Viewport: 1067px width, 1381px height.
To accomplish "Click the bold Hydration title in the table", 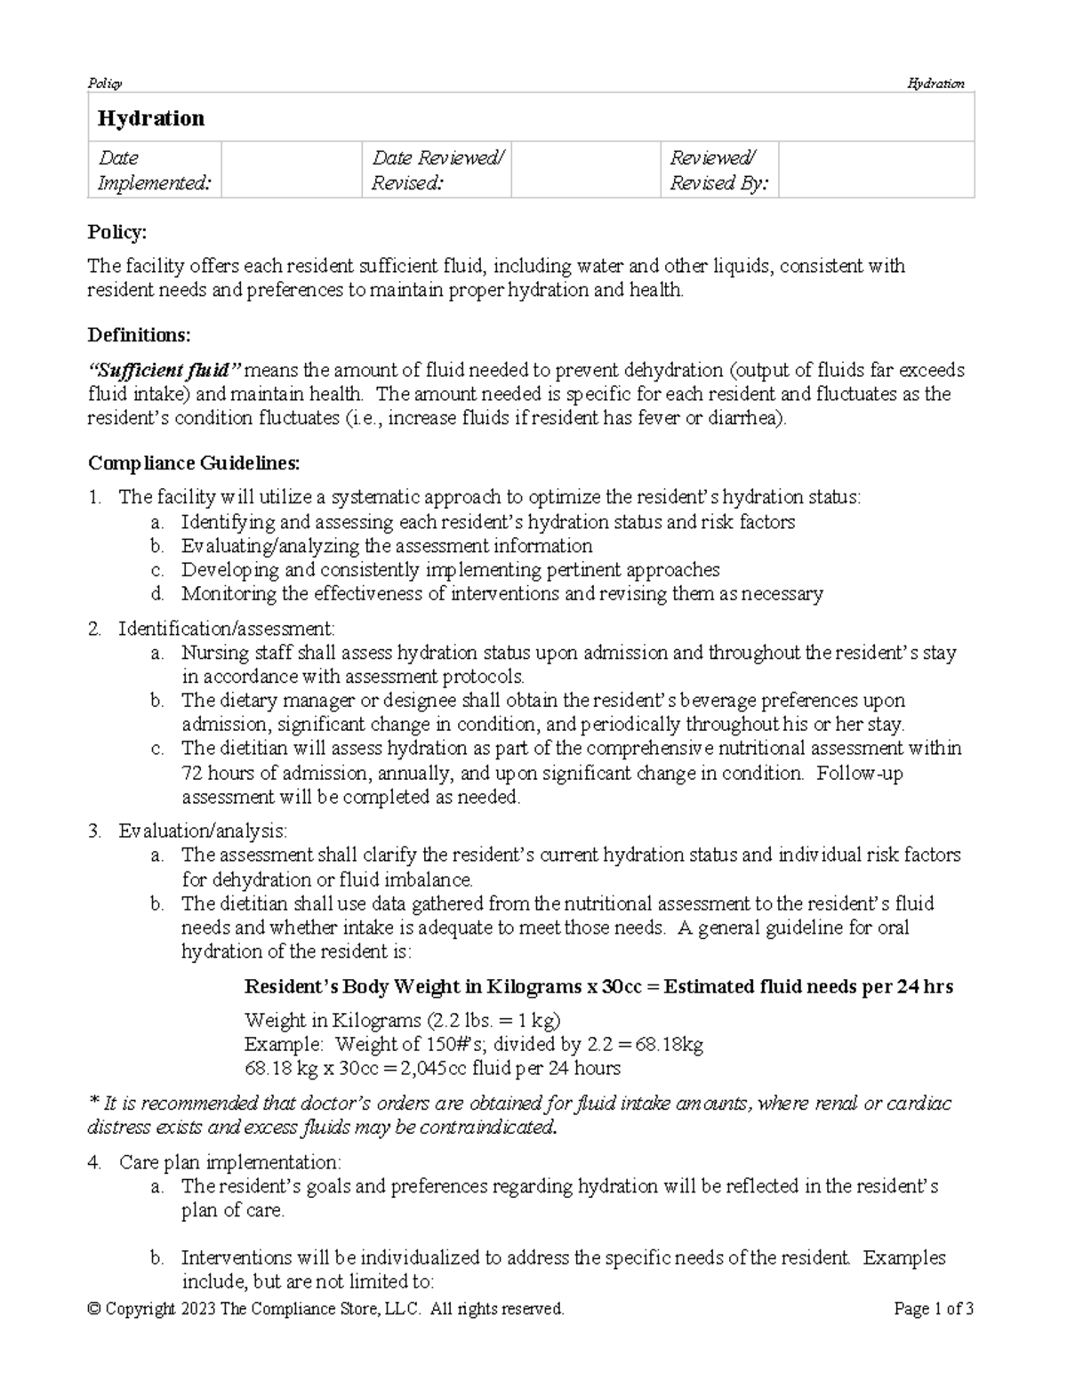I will (150, 118).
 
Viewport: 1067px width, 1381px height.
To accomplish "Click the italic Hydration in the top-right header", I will (935, 84).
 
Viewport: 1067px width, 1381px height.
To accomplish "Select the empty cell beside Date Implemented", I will (290, 170).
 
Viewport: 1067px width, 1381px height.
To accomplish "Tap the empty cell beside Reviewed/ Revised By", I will (876, 170).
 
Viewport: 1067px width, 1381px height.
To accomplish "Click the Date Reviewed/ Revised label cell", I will (437, 170).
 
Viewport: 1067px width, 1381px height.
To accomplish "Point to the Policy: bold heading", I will (116, 232).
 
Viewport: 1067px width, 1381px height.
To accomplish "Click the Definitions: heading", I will (139, 334).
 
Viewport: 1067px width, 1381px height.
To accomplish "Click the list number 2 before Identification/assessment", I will (94, 629).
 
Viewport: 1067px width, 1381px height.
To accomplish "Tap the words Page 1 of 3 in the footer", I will (934, 1309).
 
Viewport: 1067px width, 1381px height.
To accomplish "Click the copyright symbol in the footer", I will (93, 1309).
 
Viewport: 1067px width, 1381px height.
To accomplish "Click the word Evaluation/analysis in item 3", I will (202, 831).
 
